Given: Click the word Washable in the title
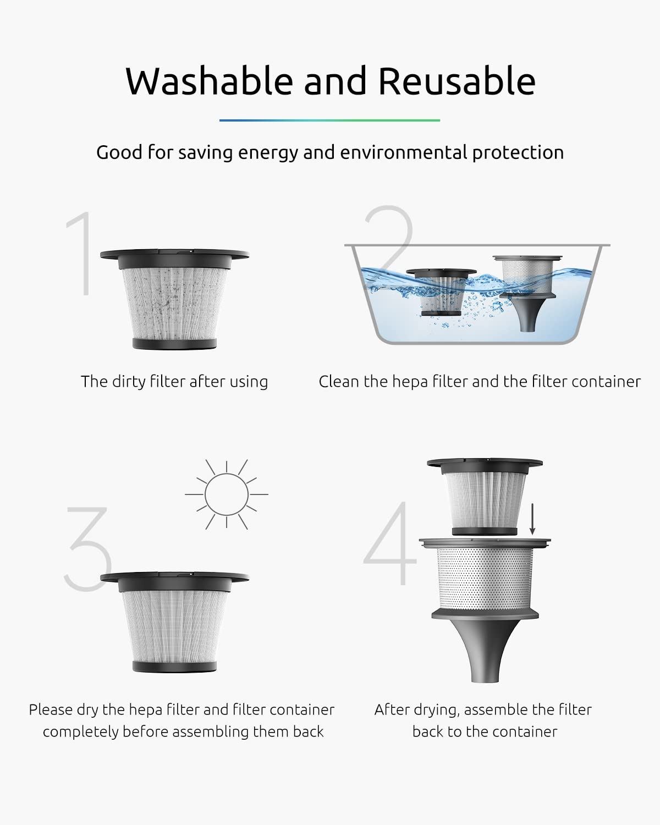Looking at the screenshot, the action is [210, 81].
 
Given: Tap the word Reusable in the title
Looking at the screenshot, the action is [457, 81].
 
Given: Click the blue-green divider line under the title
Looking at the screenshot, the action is [329, 120].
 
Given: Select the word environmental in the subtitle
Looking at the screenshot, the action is [404, 152].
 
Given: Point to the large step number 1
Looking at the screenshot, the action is [81, 253].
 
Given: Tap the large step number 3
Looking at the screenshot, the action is [88, 549].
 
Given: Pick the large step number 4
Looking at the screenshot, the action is [391, 543].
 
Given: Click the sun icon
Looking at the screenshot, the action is [226, 494].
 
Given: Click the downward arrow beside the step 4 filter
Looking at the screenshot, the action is [532, 519].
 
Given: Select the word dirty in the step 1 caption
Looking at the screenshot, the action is [125, 382].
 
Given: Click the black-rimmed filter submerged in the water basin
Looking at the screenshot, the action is [441, 292].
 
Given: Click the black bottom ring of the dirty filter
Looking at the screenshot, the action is [174, 344].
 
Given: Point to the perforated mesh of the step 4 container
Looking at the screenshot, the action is [485, 578].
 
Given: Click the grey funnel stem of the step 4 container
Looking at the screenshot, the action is [485, 651].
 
